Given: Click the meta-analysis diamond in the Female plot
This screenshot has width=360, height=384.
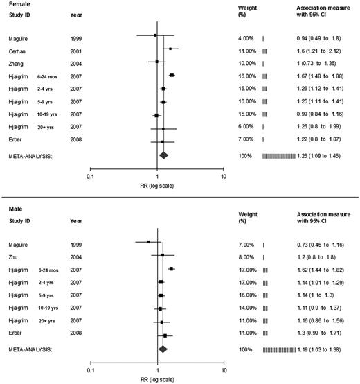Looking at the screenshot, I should (x=163, y=155).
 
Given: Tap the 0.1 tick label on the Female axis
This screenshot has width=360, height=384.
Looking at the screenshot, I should (x=90, y=176).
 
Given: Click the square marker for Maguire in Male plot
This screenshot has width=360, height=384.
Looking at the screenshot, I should (x=148, y=242).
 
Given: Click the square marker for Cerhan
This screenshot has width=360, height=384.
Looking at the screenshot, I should (x=170, y=49).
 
